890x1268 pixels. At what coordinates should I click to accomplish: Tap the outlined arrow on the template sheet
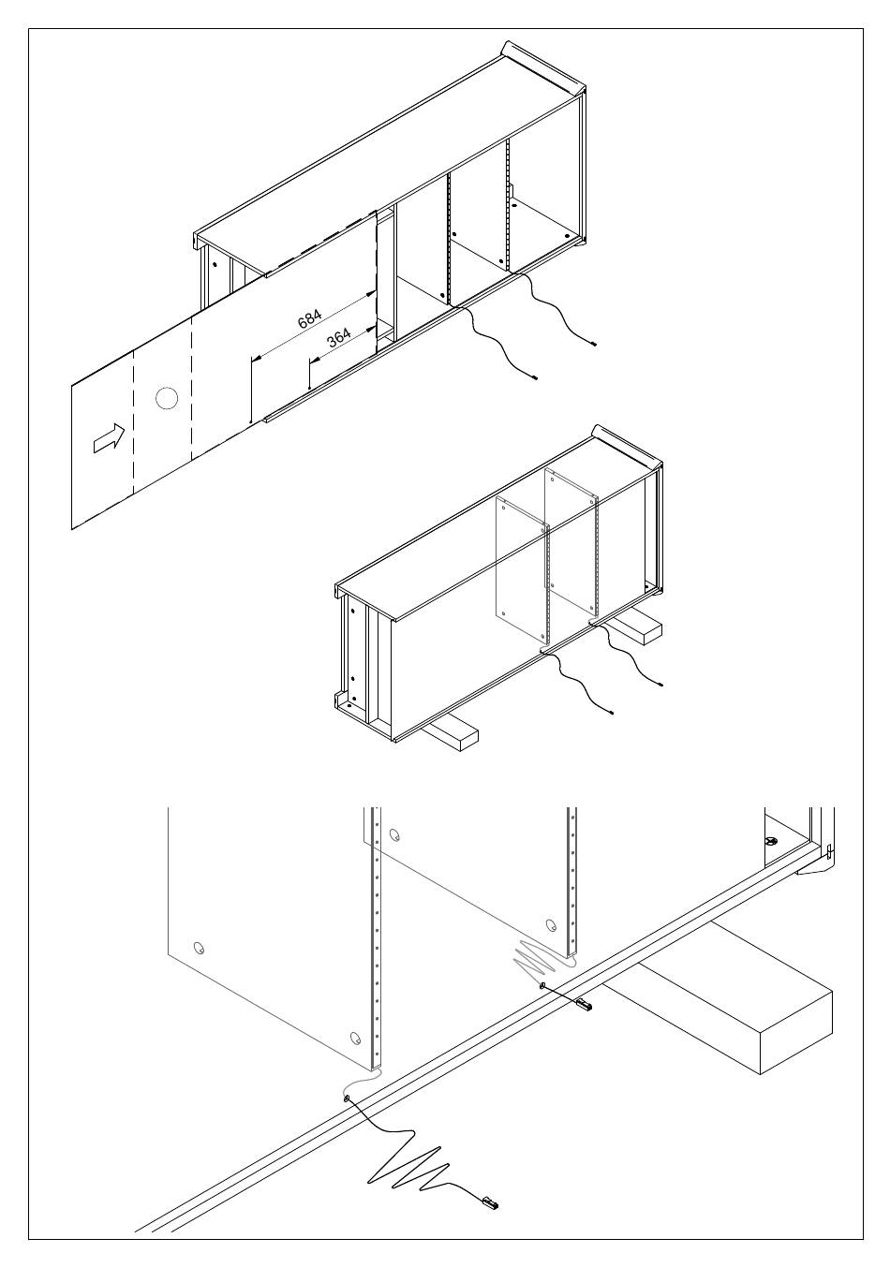click(x=108, y=436)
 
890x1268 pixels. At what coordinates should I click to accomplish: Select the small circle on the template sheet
click(x=166, y=399)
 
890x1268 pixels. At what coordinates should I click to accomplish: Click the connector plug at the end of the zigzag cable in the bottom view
click(x=489, y=1201)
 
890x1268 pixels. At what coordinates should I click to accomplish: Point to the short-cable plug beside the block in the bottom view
click(x=584, y=1006)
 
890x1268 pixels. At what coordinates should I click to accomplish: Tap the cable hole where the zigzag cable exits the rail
click(x=348, y=1098)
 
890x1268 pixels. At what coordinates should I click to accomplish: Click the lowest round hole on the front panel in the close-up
click(x=354, y=1038)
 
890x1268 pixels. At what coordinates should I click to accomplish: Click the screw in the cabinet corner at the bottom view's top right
click(x=771, y=842)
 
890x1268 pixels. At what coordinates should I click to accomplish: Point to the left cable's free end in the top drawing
click(x=534, y=377)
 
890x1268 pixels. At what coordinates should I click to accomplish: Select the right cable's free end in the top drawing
click(x=595, y=345)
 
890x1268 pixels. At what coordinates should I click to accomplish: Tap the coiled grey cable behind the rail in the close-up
click(x=538, y=957)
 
